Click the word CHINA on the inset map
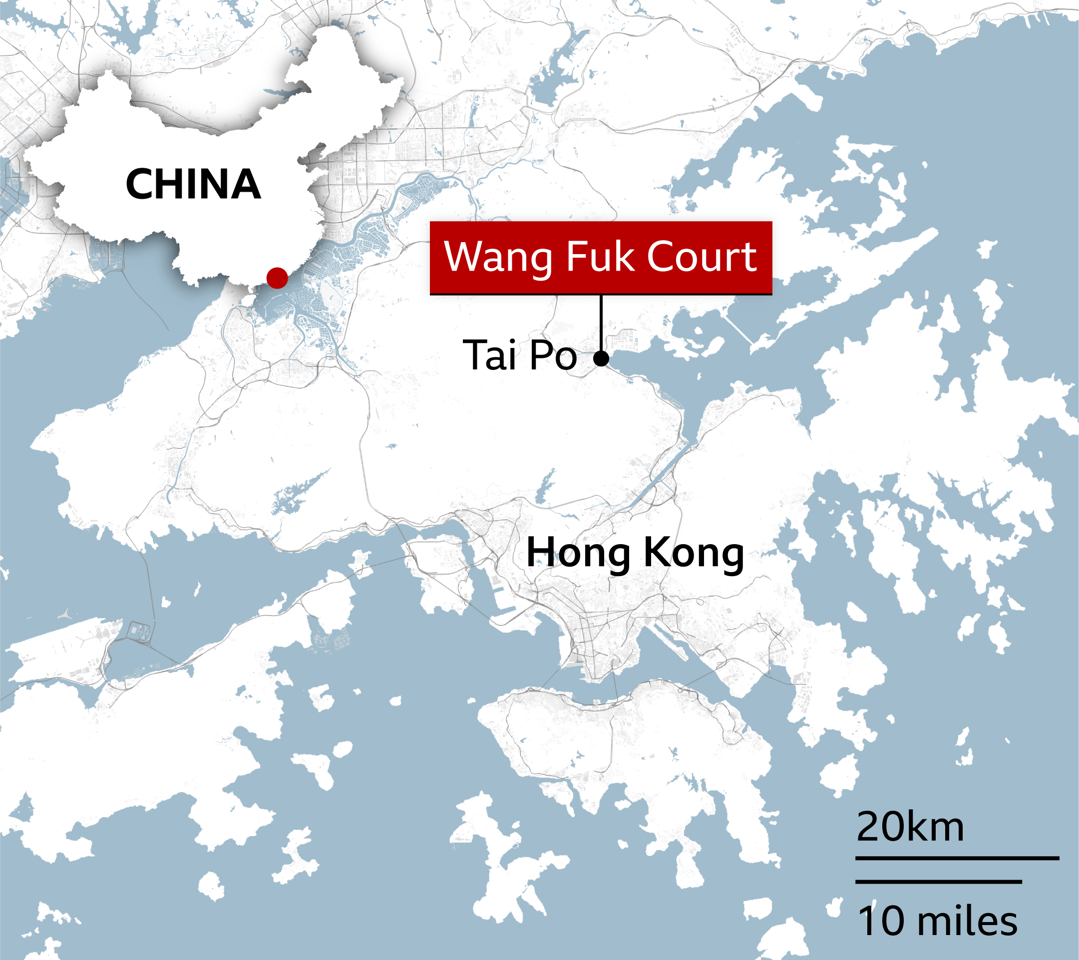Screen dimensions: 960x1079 coord(193,184)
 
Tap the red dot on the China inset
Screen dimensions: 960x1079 coord(277,278)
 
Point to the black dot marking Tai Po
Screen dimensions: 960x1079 coord(601,359)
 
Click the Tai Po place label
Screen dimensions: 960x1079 coord(519,355)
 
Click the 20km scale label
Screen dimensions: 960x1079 coord(910,827)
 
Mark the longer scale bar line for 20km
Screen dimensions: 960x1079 coord(957,859)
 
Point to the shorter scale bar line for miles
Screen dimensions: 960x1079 coord(939,881)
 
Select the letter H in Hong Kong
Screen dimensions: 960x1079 coord(541,552)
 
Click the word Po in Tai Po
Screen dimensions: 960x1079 coord(553,355)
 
